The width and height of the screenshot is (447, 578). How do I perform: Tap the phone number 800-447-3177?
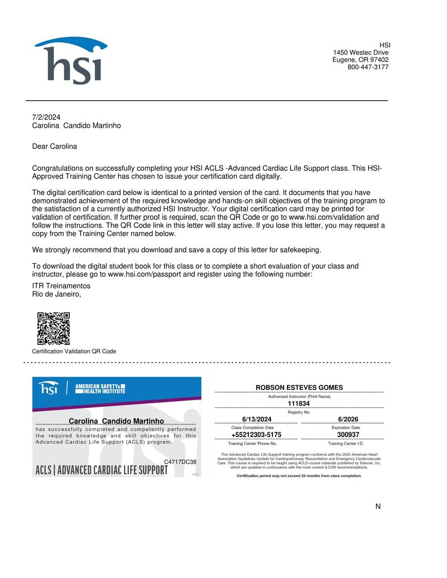click(368, 67)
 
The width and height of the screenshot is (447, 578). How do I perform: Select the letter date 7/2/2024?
click(46, 117)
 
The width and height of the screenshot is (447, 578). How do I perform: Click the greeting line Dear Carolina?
click(54, 146)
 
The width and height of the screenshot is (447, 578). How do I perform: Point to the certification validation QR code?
click(53, 328)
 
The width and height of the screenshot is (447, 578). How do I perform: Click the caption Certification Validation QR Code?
click(74, 351)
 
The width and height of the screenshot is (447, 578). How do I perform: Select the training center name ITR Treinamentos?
click(61, 286)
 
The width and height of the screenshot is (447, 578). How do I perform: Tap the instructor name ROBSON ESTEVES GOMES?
click(299, 387)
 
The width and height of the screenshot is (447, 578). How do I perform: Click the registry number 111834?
click(299, 404)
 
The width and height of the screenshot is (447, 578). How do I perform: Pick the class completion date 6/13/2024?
click(257, 420)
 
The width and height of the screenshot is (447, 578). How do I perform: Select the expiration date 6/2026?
click(348, 420)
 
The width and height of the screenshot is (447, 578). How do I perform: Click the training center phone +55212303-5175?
click(256, 435)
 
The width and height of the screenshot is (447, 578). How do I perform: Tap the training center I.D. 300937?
click(348, 435)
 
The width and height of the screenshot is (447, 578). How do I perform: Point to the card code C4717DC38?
click(180, 462)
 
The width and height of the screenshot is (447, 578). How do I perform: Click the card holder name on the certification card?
click(116, 421)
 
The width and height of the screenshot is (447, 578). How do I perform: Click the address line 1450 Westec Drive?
click(361, 53)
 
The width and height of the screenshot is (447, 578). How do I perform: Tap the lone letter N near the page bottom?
click(378, 507)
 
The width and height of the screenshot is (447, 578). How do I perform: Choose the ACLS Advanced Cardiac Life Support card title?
click(102, 470)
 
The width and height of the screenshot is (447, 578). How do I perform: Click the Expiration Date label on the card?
click(346, 428)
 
